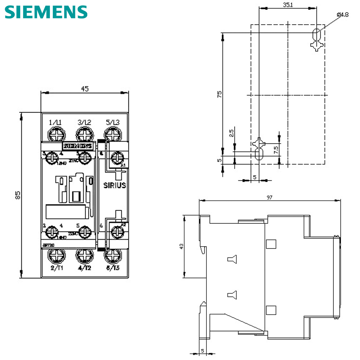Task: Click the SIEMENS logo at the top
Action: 46,12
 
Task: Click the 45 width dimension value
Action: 85,89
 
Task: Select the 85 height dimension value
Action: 18,195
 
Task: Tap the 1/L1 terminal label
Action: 55,122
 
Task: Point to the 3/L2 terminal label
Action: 84,122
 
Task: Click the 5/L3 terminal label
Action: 113,122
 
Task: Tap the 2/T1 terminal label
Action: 57,268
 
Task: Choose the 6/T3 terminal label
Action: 113,268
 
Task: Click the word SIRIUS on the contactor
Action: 115,185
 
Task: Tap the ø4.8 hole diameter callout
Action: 343,14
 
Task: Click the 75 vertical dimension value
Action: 220,94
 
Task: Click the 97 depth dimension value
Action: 269,197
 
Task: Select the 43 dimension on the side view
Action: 181,246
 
